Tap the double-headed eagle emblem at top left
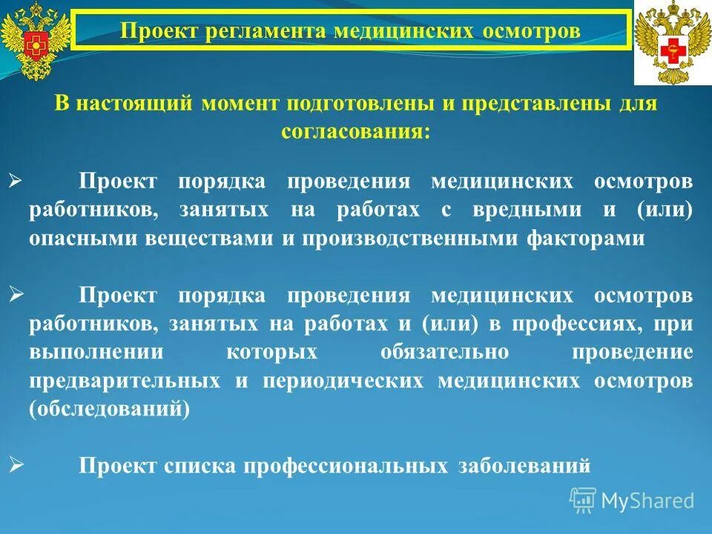(x=35, y=41)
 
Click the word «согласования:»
(x=355, y=131)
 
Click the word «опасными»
(x=77, y=239)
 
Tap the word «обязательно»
(x=445, y=352)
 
